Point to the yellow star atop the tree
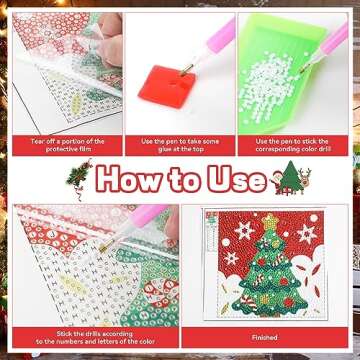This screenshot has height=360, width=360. (269, 219)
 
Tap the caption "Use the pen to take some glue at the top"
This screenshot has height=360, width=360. (180, 146)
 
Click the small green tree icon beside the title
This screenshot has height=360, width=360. (291, 178)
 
